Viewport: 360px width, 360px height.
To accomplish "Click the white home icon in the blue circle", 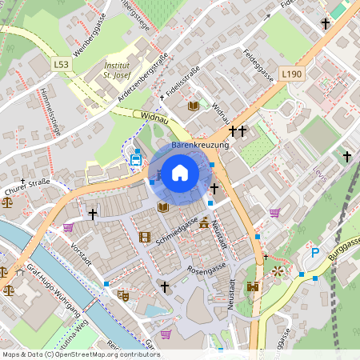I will (x=180, y=172).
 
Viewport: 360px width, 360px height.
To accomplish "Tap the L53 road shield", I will (x=62, y=63).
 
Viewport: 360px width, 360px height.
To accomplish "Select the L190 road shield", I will (x=292, y=74).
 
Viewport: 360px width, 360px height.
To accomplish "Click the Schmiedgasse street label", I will (x=177, y=230).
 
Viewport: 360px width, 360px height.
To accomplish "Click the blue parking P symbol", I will (x=314, y=253).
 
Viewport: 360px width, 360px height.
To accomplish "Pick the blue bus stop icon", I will (x=136, y=159).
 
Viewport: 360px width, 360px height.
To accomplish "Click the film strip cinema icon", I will (x=144, y=237).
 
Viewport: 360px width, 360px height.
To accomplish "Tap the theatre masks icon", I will (x=123, y=295).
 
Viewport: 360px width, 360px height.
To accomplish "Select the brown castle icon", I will (x=254, y=286).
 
